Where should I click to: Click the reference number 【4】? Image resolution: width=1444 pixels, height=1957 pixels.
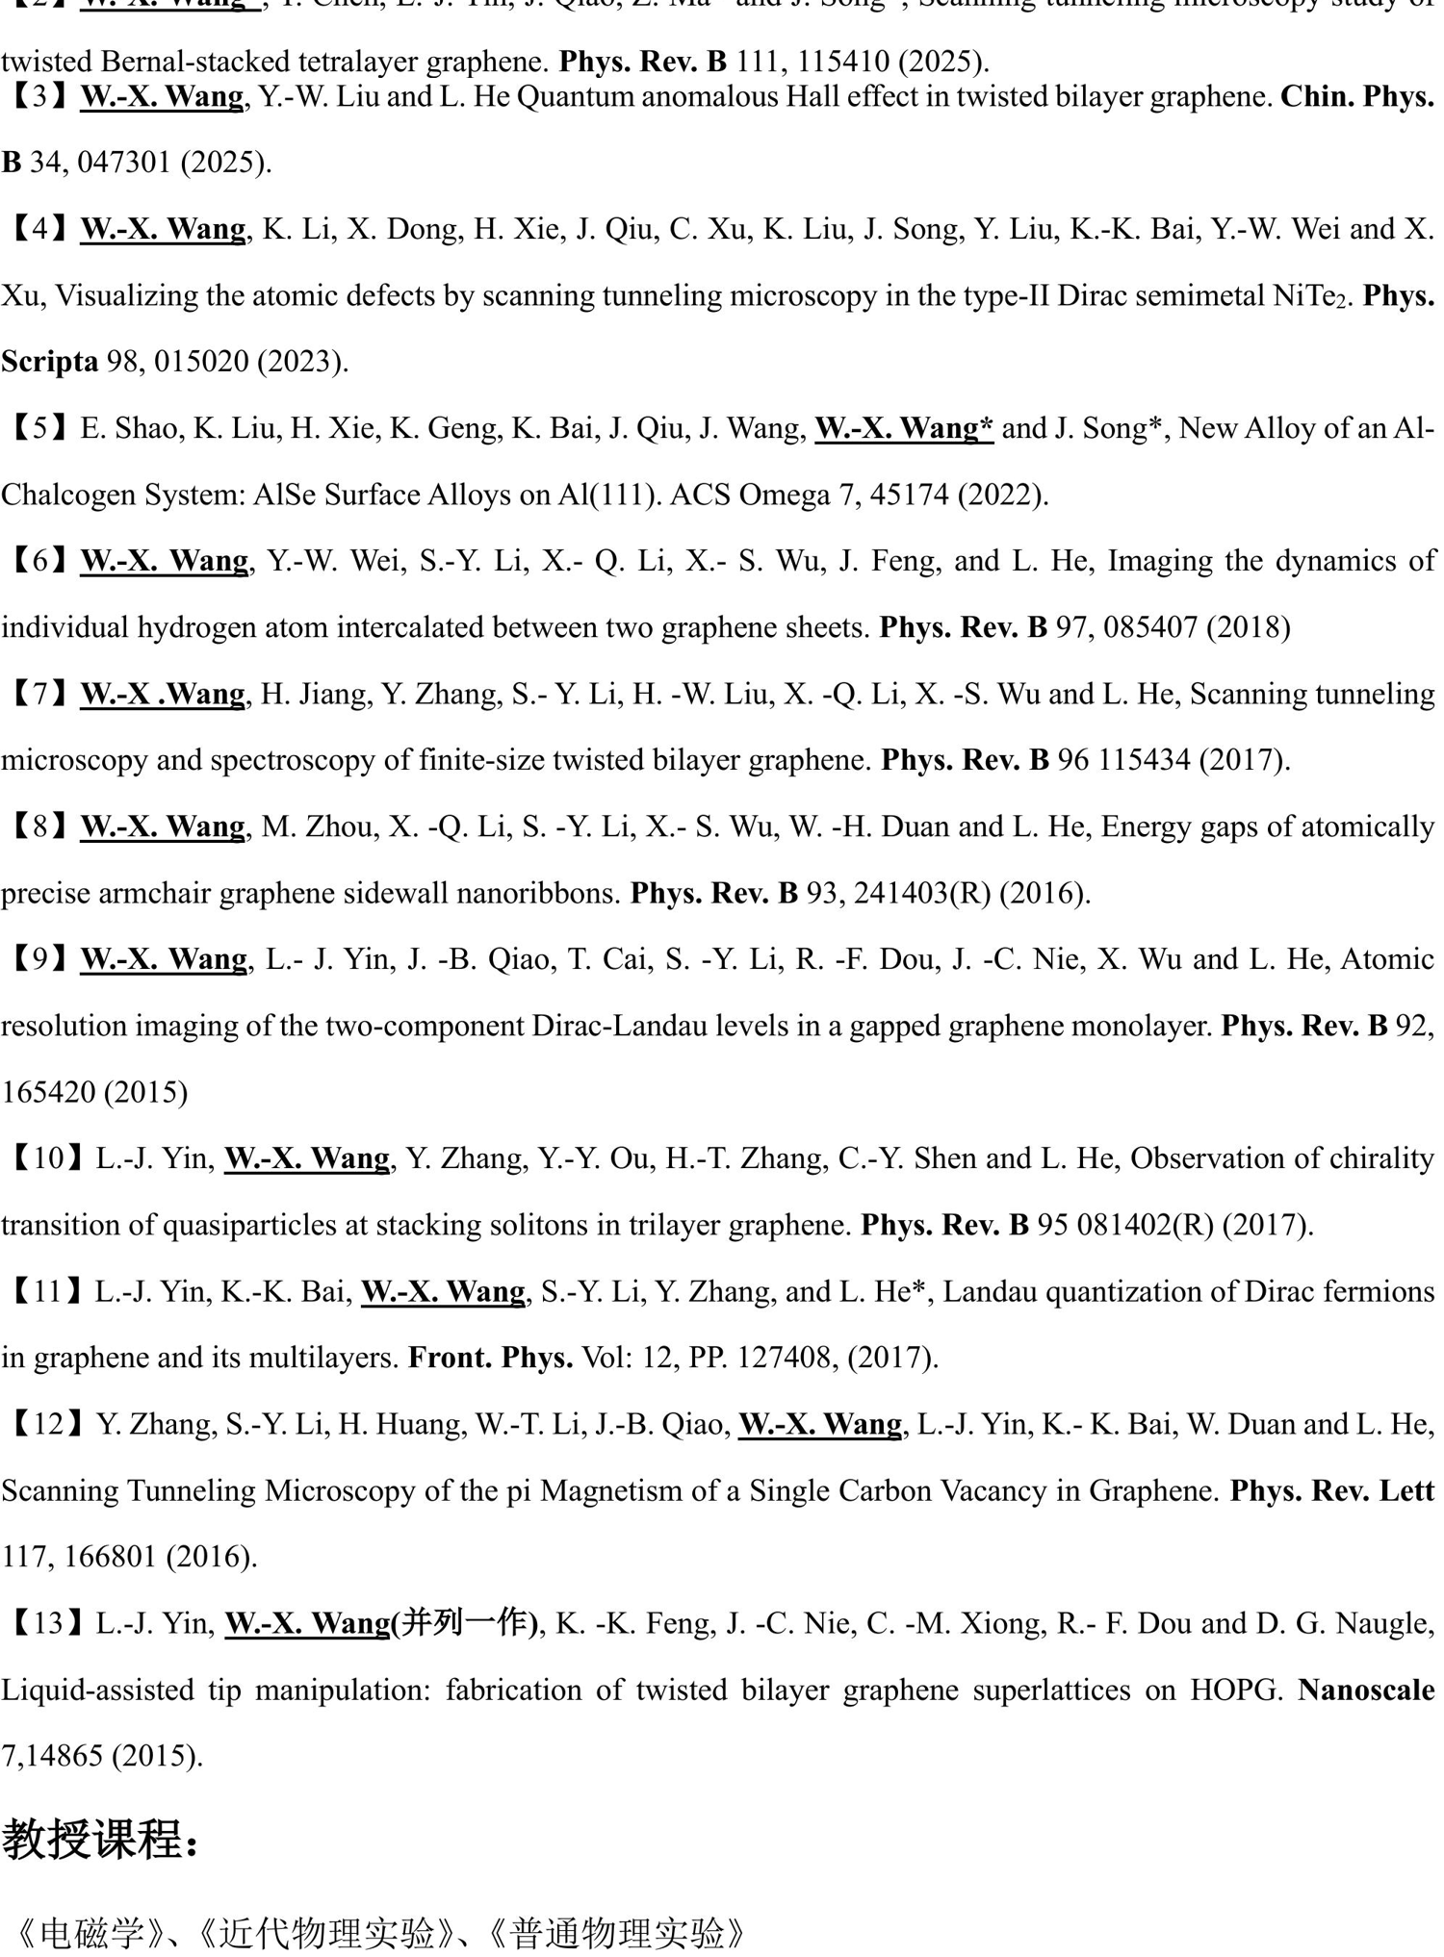click(x=39, y=229)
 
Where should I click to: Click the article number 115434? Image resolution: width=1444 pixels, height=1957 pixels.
click(x=1139, y=760)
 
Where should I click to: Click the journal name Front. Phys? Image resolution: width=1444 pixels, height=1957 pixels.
click(x=490, y=1358)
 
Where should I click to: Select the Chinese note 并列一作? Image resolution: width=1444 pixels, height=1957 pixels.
click(x=467, y=1623)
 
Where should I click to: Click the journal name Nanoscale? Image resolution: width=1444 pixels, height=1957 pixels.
click(x=1366, y=1690)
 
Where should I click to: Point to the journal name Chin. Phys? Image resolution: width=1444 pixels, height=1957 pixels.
click(x=1356, y=97)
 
